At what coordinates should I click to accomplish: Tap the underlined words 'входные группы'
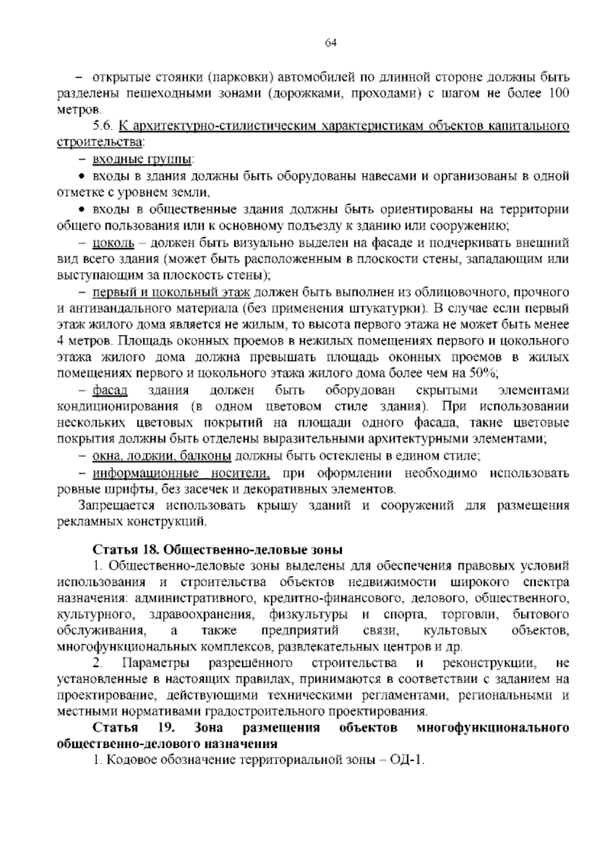[x=142, y=159]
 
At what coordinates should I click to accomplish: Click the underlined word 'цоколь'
[x=113, y=243]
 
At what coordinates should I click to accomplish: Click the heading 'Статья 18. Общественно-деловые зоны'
[x=218, y=550]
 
